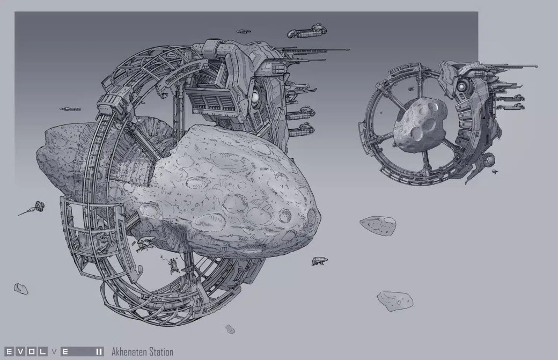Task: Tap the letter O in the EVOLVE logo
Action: (x=31, y=352)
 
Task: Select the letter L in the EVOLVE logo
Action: (x=42, y=352)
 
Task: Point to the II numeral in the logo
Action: (x=99, y=352)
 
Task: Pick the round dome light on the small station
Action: (x=461, y=86)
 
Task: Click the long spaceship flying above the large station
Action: (x=306, y=31)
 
